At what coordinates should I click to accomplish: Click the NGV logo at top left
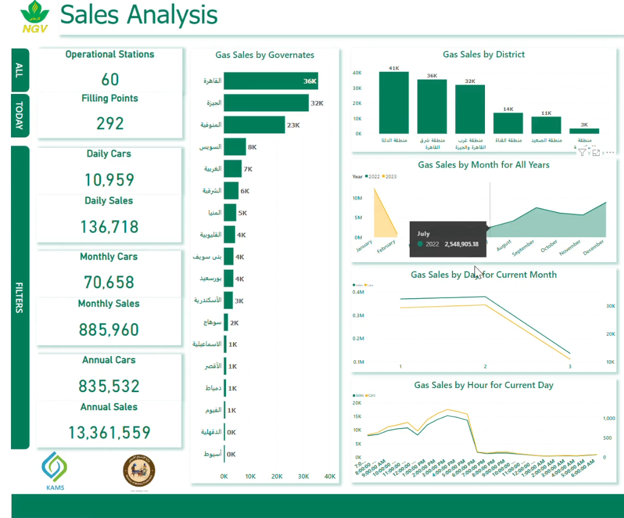pos(35,17)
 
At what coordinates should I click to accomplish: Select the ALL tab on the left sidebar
pos(20,70)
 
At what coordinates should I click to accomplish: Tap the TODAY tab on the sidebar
pos(20,115)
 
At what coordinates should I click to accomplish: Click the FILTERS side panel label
pos(20,297)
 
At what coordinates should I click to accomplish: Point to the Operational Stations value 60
pos(110,79)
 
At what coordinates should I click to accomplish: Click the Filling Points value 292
pos(110,123)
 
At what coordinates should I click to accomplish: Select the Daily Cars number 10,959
pos(110,180)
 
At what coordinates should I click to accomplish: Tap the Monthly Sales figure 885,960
pos(109,329)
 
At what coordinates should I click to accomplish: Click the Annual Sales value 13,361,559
pos(109,432)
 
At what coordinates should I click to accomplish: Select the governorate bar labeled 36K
pos(271,81)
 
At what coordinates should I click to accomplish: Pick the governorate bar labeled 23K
pos(254,125)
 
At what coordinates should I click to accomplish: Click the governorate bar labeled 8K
pos(235,147)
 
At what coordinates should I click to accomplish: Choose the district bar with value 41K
pos(394,103)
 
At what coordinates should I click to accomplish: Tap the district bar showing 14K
pos(508,123)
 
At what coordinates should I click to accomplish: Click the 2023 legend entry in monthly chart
pos(391,176)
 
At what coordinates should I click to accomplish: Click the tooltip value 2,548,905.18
pos(461,244)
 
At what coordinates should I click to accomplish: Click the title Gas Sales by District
pos(484,55)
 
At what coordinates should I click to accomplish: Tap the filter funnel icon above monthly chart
pos(582,153)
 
